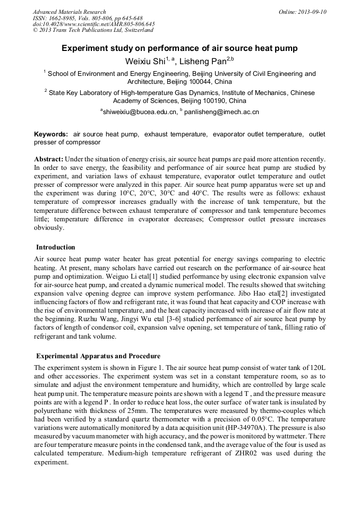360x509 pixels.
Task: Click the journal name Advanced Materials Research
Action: (x=70, y=12)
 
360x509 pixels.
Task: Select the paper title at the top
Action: (x=179, y=48)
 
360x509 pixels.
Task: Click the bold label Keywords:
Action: (x=51, y=135)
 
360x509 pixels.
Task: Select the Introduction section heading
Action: (x=56, y=247)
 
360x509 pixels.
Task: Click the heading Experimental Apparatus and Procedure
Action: (x=98, y=356)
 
